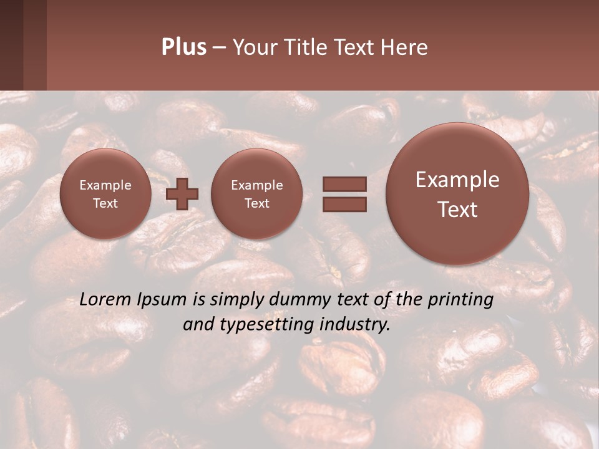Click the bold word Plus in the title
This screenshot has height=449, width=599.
click(x=183, y=47)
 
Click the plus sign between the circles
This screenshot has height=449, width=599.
click(x=182, y=194)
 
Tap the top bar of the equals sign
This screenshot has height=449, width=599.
click(x=344, y=184)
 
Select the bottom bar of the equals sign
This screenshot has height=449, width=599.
click(x=344, y=204)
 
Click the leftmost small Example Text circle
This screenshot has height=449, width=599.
click(x=105, y=194)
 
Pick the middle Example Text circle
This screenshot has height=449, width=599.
click(x=256, y=194)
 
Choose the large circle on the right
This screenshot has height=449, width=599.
click(x=457, y=194)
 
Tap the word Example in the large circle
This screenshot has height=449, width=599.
click(x=457, y=180)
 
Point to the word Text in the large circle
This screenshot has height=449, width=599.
click(x=457, y=210)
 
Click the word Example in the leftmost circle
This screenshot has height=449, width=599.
click(x=105, y=185)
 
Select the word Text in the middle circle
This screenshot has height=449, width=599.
click(x=256, y=203)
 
